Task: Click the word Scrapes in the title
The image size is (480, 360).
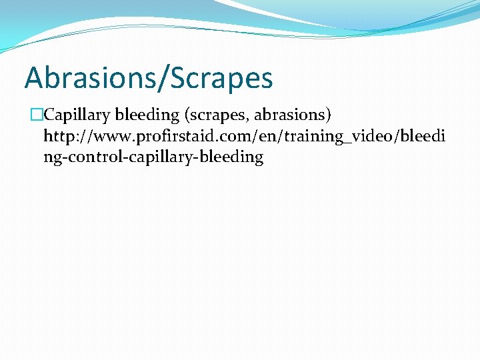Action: tap(221, 78)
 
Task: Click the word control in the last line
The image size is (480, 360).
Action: tap(87, 158)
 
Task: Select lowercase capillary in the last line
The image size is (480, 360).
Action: tap(146, 158)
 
